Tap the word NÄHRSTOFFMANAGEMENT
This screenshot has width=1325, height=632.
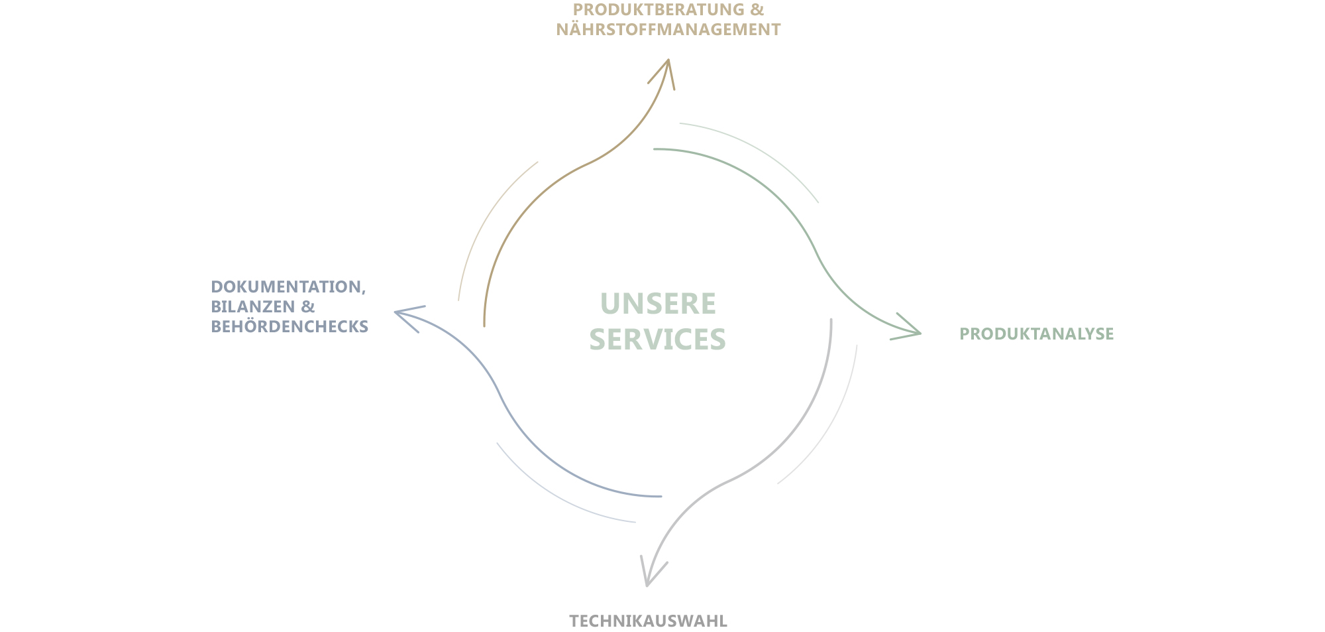(x=668, y=29)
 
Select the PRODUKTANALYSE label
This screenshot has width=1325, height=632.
(x=1037, y=334)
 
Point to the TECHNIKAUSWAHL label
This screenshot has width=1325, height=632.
(x=649, y=621)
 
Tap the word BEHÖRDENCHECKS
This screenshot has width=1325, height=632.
(x=290, y=326)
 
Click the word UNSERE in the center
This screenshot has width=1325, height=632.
(x=658, y=304)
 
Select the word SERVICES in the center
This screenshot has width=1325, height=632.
(x=658, y=339)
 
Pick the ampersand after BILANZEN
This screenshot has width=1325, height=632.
(x=307, y=306)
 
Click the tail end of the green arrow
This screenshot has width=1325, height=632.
(x=654, y=149)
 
